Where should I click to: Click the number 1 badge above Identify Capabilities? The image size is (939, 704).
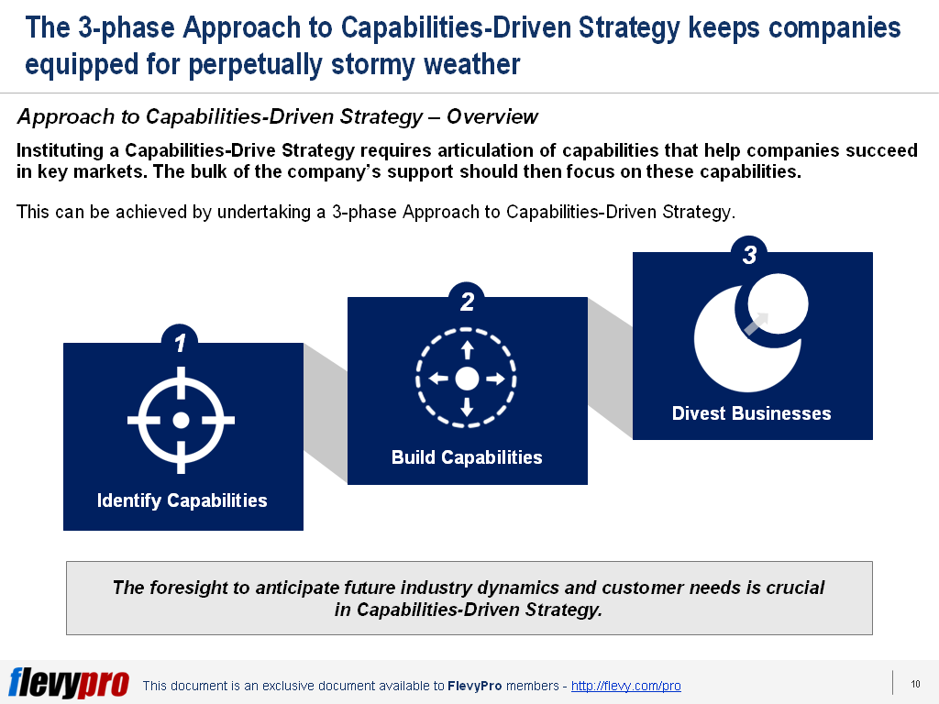pos(180,343)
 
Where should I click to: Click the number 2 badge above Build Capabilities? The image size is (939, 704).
pos(467,301)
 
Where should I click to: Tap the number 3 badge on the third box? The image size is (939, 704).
pos(749,255)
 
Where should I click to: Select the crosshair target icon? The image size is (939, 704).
pos(181,420)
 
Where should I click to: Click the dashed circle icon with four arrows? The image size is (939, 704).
pos(467,378)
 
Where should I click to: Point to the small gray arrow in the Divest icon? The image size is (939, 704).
pos(757,323)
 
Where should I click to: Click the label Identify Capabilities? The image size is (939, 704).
pos(182,500)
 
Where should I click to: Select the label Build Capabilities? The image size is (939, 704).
pos(467,456)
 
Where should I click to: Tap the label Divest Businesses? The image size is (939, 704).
pos(751,413)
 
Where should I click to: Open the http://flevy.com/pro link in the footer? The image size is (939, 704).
pos(625,686)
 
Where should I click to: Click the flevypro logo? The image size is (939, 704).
pos(68,683)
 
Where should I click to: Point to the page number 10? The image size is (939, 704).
pos(915,684)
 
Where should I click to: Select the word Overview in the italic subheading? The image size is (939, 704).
pos(492,116)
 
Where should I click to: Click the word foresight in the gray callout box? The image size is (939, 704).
pos(190,587)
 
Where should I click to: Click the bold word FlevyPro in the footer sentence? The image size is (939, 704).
pos(474,686)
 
